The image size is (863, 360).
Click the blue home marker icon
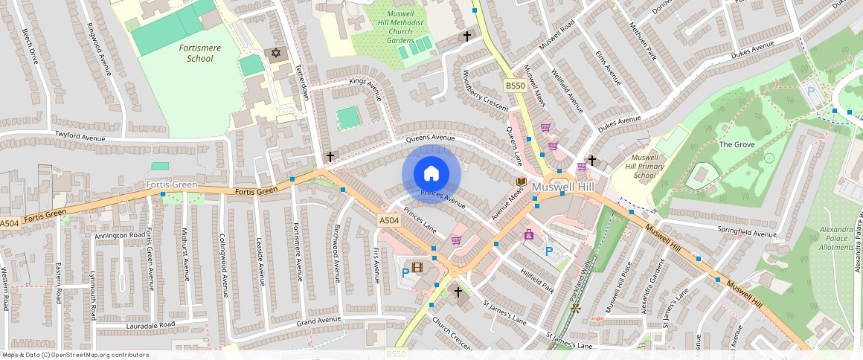pos(431,173)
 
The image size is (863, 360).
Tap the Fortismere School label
pos(196,53)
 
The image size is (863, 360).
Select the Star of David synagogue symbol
pos(277,53)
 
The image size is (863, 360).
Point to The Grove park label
pos(737,144)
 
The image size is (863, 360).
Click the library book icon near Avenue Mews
pos(521,182)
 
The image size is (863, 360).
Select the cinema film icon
pos(417,267)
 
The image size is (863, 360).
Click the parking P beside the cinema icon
pos(405,273)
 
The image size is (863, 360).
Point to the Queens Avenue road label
pos(430,138)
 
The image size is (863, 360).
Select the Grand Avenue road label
pos(318,321)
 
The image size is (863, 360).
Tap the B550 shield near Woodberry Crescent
pos(515,86)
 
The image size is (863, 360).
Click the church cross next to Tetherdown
pos(330,157)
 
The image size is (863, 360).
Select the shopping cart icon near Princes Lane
pos(456,240)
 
